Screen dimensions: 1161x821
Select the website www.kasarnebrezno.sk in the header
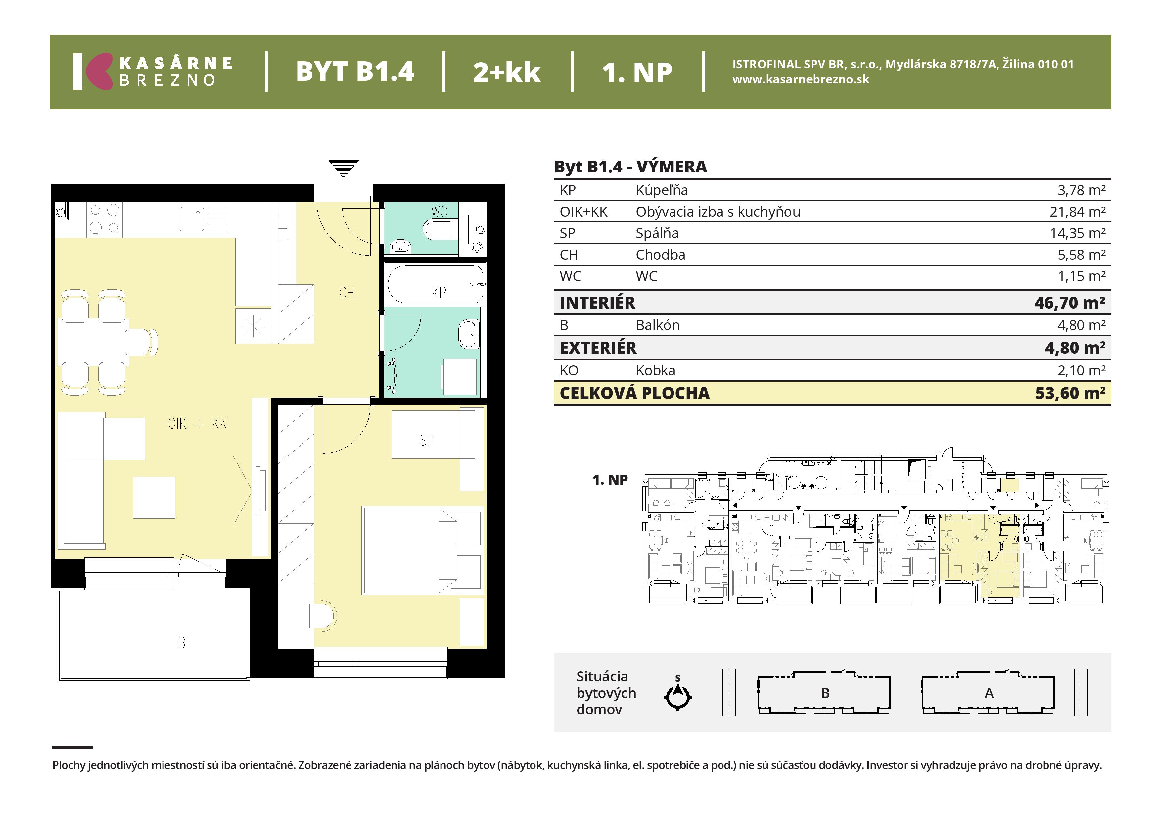801,79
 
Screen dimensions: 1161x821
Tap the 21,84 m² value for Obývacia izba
1078,212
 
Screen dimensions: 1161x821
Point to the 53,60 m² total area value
1070,393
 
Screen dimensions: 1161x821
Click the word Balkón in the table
657,325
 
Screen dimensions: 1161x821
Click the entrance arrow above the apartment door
343,169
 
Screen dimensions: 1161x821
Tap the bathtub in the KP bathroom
436,284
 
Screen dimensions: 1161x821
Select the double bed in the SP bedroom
422,551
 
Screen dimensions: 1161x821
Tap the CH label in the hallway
347,293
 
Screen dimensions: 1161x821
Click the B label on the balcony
182,643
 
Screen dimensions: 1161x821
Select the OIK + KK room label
197,424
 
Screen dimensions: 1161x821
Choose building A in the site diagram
989,693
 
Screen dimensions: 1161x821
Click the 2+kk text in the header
507,72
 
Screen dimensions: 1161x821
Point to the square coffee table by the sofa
154,498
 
